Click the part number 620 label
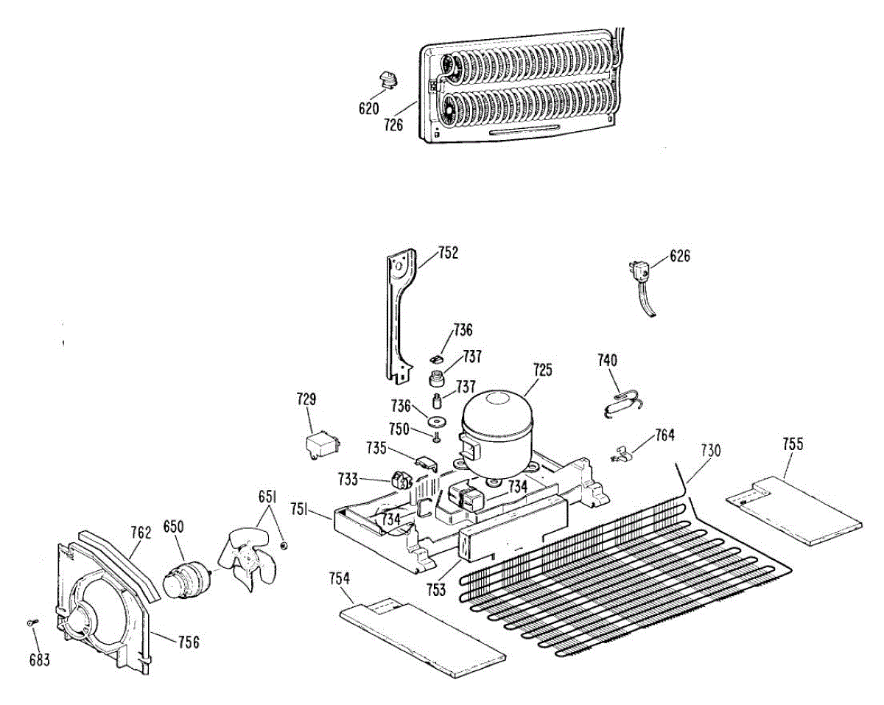tap(368, 109)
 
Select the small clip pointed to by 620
tap(387, 78)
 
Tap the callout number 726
tap(393, 125)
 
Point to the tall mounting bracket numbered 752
tap(399, 309)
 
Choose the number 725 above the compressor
tap(542, 370)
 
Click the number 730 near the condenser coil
tap(711, 450)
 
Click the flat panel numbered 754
tap(423, 635)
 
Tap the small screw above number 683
tap(31, 623)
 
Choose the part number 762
tap(141, 532)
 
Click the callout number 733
tap(349, 480)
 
